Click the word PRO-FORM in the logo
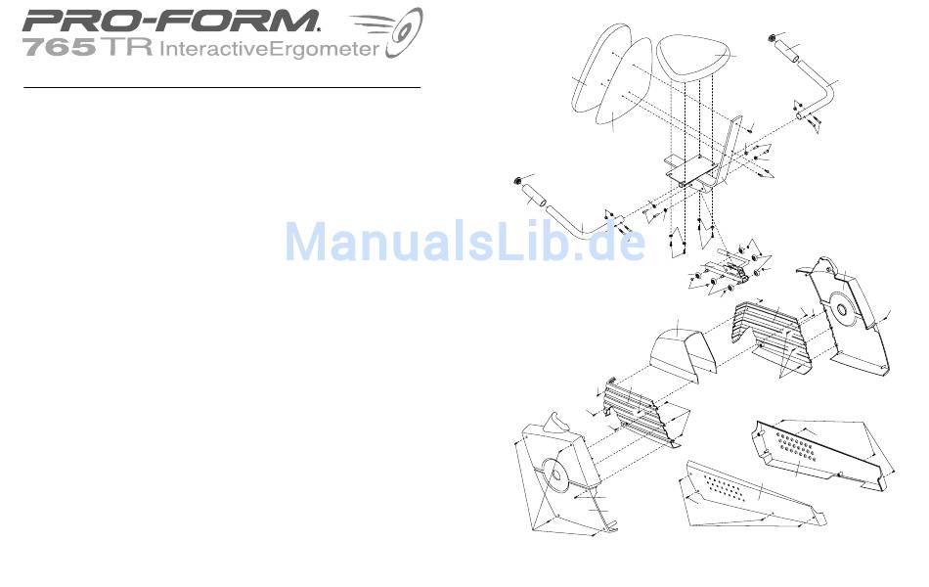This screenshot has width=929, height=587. pos(171,21)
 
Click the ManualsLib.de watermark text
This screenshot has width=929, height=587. pos(464,242)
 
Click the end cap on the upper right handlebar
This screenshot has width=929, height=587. pos(773,38)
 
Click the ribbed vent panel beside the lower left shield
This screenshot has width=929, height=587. pos(636,411)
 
